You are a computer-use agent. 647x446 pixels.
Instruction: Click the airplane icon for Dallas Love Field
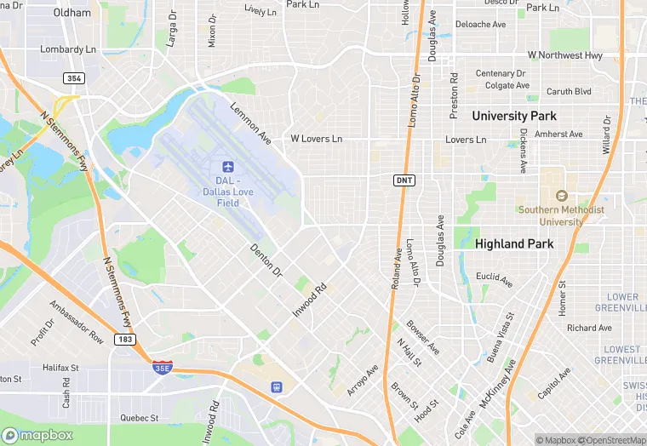click(227, 166)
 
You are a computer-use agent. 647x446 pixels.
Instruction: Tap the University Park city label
click(514, 115)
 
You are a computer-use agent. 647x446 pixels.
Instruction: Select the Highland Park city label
click(514, 243)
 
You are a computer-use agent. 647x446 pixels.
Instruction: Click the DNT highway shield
click(404, 180)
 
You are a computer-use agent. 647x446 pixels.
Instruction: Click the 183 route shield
click(125, 339)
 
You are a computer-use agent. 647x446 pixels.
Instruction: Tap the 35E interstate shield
click(162, 367)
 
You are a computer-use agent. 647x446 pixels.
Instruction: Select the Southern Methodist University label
click(561, 215)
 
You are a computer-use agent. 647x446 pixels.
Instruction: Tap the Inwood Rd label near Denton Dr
click(311, 301)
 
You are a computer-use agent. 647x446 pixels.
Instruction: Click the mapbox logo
click(38, 434)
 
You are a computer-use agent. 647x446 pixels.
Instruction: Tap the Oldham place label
click(72, 13)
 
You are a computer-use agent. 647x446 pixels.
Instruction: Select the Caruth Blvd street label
click(568, 91)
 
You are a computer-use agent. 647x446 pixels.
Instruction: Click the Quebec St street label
click(139, 418)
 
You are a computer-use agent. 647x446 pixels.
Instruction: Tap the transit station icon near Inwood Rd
click(276, 386)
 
